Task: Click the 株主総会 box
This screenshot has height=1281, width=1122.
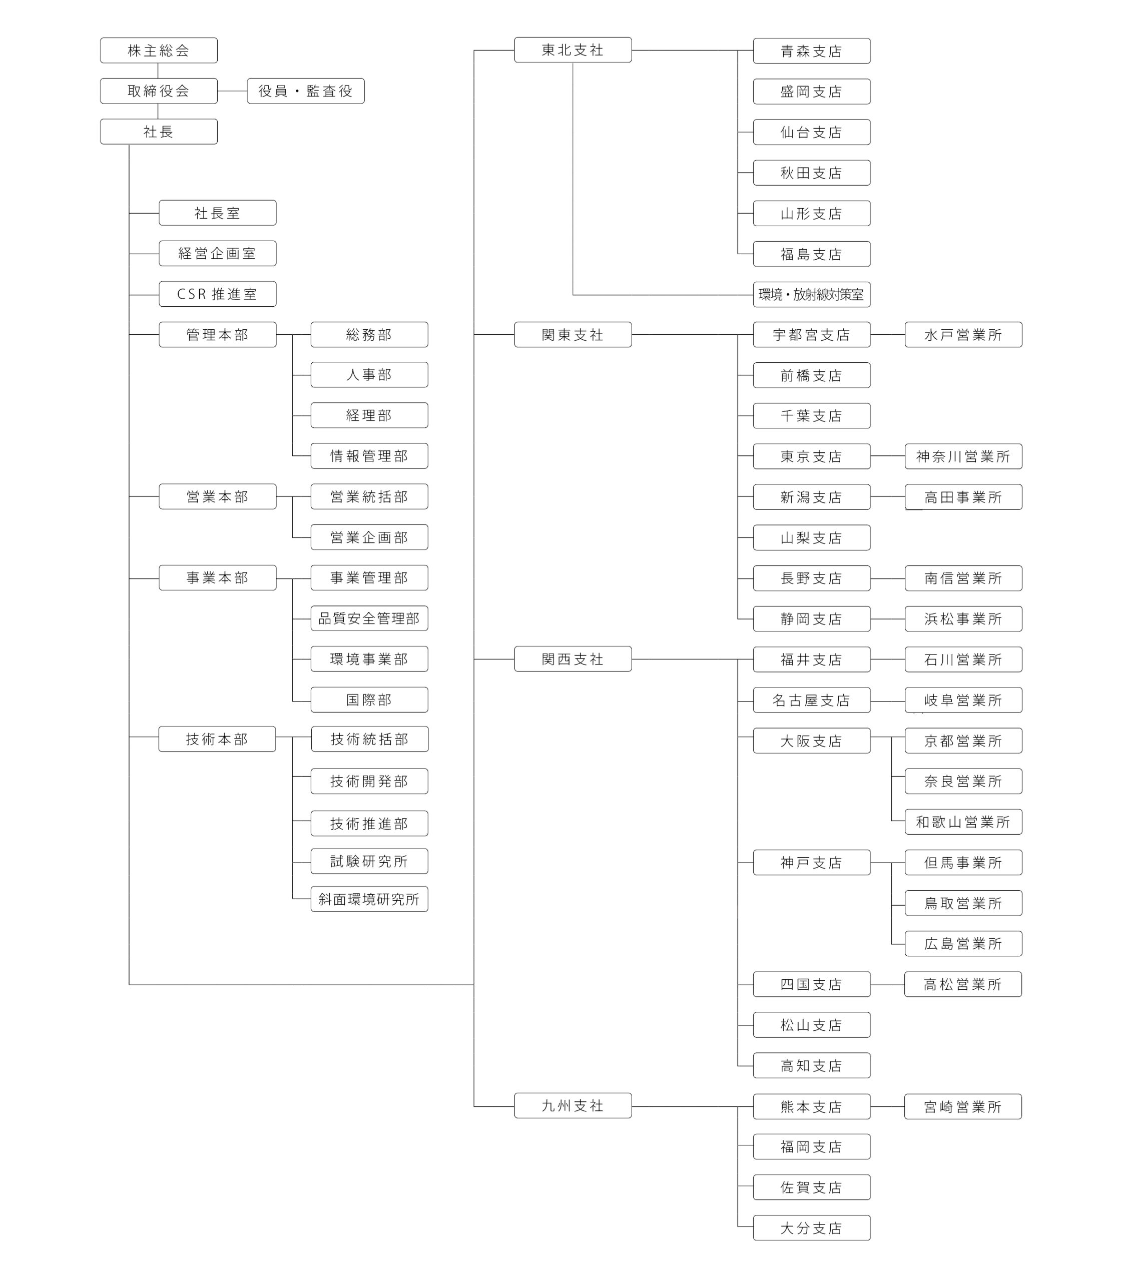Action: [159, 50]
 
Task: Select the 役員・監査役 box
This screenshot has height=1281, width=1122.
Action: [306, 91]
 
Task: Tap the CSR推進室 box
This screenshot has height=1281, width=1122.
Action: [217, 294]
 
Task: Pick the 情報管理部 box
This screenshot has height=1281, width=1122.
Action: [369, 456]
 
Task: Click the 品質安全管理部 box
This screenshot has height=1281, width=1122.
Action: [369, 618]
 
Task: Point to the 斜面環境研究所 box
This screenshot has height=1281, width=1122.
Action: [369, 899]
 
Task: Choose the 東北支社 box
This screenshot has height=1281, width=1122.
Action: [573, 50]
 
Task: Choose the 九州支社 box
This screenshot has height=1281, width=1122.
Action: [573, 1106]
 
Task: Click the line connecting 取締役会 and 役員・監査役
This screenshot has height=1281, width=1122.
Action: [232, 91]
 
